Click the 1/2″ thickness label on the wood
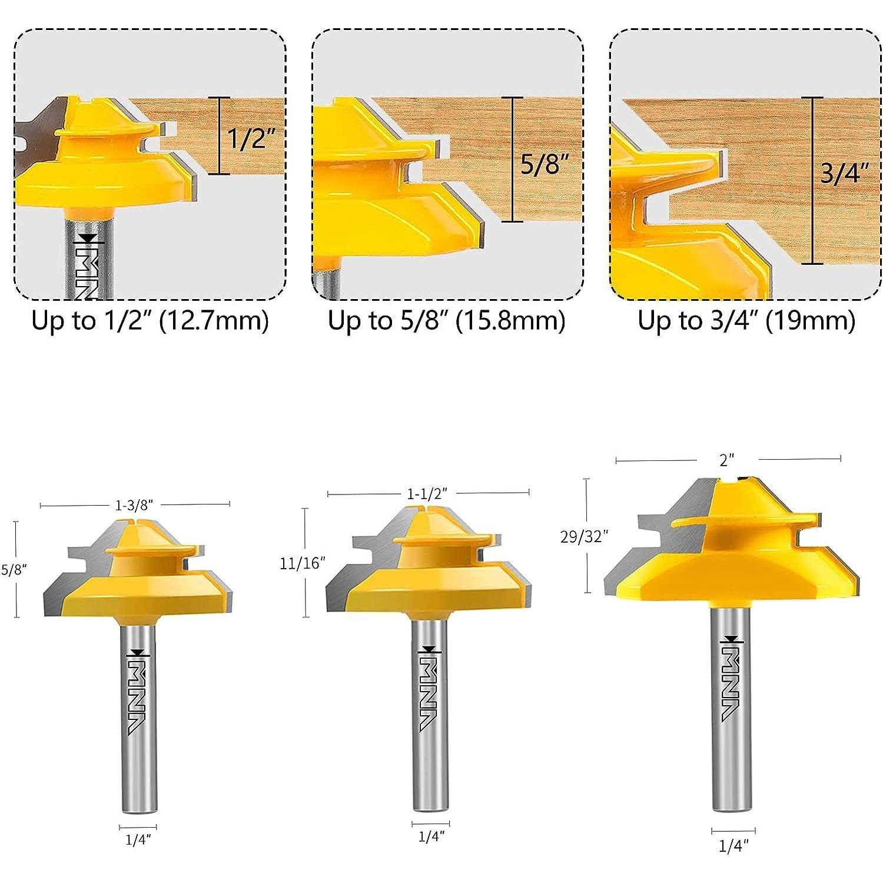[251, 138]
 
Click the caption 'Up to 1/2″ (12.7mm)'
[150, 321]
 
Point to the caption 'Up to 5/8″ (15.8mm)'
[447, 321]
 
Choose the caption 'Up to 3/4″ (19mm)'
[746, 321]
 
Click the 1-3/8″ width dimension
[134, 504]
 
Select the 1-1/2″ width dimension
[428, 493]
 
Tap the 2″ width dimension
[728, 460]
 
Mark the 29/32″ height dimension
[584, 536]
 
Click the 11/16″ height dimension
[303, 563]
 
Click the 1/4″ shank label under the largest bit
[733, 846]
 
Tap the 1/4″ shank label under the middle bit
[431, 836]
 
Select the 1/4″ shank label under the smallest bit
[138, 840]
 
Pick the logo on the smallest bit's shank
[138, 692]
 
